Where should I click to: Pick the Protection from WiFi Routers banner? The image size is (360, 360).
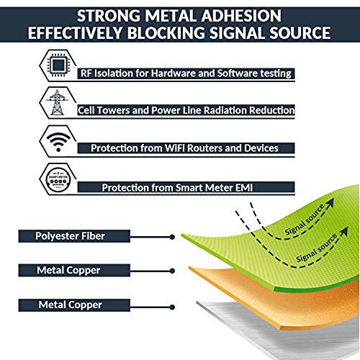point(184,148)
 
